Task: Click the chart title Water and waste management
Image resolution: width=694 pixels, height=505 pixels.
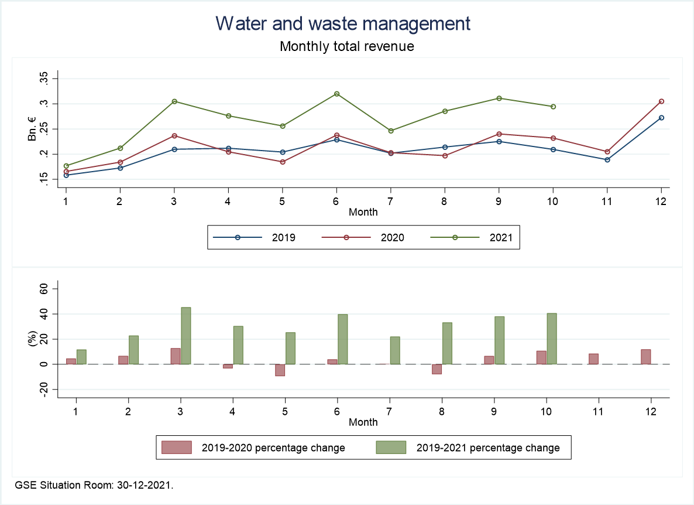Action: coord(343,23)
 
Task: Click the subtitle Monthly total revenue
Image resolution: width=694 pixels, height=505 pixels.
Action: coord(347,46)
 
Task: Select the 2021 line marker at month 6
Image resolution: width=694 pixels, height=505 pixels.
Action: coord(336,94)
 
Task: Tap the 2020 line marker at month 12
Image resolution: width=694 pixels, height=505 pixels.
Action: coord(661,101)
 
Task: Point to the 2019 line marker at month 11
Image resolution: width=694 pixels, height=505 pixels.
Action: coord(607,159)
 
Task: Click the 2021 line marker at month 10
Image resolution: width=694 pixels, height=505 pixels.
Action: coord(553,107)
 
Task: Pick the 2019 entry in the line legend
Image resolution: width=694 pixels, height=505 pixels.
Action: coord(283,238)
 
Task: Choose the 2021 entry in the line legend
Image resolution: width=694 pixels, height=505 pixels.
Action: coord(500,238)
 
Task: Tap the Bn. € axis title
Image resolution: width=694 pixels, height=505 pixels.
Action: coord(32,129)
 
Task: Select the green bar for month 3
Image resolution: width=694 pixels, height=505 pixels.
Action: coord(185,336)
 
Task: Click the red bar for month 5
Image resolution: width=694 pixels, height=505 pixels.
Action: coord(280,370)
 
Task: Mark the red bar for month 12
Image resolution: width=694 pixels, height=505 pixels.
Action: coord(645,357)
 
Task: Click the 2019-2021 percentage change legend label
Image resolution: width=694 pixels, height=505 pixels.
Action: coord(488,448)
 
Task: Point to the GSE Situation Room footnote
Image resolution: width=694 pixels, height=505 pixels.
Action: coord(94,486)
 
